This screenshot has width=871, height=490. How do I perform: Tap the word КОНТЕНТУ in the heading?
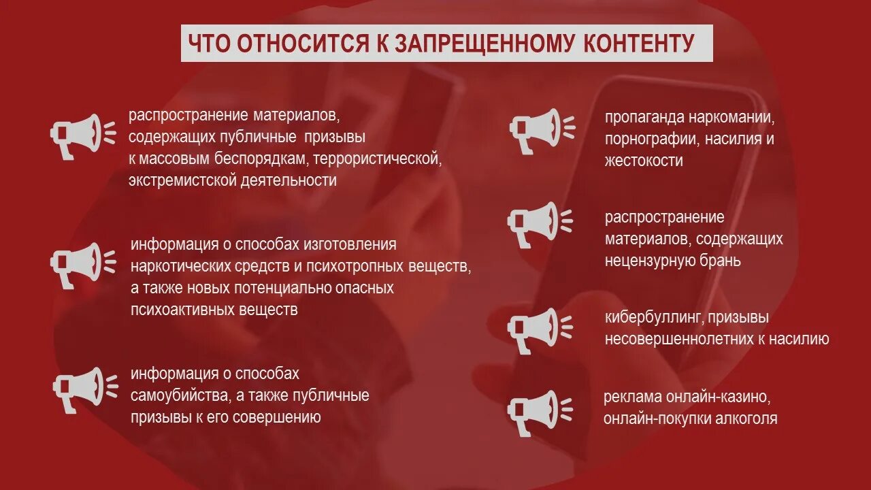(639, 44)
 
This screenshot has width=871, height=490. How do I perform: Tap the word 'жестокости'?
(644, 161)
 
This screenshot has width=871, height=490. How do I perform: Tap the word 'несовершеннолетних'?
(678, 339)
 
